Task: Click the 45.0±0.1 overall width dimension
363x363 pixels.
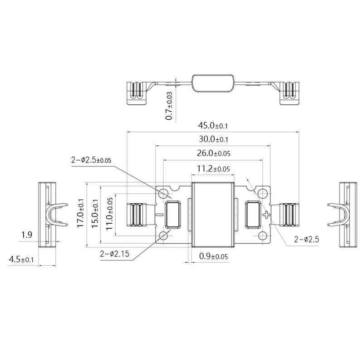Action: pyautogui.click(x=213, y=126)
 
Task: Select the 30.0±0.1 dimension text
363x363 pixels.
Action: pyautogui.click(x=213, y=139)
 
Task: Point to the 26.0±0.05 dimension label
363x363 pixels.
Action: pyautogui.click(x=213, y=154)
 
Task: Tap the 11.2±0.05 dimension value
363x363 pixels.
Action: pyautogui.click(x=213, y=169)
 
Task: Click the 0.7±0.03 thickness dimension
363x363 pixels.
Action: pyautogui.click(x=169, y=106)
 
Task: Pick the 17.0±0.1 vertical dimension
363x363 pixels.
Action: pyautogui.click(x=81, y=213)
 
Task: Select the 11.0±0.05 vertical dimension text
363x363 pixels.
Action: pyautogui.click(x=110, y=214)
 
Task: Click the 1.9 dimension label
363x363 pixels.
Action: pyautogui.click(x=27, y=235)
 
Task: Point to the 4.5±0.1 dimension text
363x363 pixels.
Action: pyautogui.click(x=22, y=260)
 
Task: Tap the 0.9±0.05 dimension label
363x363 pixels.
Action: pyautogui.click(x=213, y=257)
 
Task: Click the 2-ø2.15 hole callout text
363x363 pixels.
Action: pyautogui.click(x=114, y=254)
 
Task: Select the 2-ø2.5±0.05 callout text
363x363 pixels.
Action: pyautogui.click(x=91, y=160)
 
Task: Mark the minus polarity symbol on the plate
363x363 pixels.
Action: pyautogui.click(x=159, y=214)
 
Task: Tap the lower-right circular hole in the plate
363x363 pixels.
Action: pyautogui.click(x=262, y=235)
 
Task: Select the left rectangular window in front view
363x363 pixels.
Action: pyautogui.click(x=173, y=214)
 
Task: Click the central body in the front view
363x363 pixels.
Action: pyautogui.click(x=213, y=214)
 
